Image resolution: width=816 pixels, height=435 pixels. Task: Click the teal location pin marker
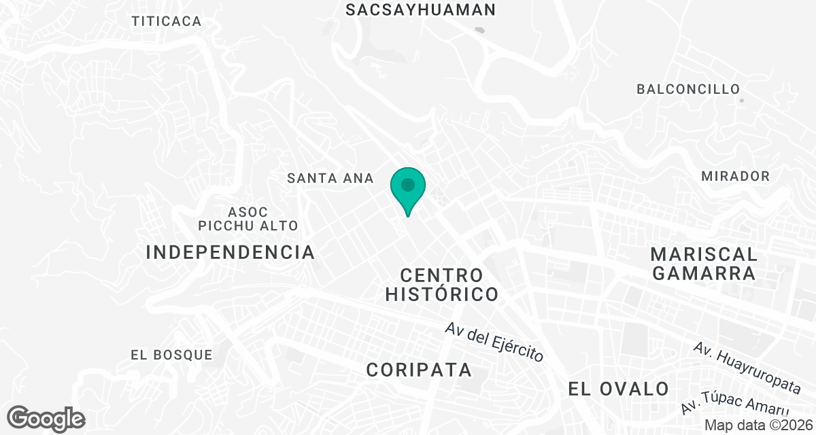[x=408, y=187]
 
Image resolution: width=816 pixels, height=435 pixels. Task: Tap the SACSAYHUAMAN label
[x=421, y=10]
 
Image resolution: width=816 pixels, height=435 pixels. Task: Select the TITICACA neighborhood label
[x=167, y=21]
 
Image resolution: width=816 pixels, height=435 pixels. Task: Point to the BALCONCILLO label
[x=687, y=89]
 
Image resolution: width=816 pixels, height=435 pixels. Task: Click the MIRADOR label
[x=735, y=176]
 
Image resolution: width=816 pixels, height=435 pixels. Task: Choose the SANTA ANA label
[x=330, y=178]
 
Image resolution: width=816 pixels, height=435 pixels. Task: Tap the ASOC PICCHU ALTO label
[x=248, y=218]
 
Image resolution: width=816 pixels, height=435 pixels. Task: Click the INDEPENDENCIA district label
[x=231, y=252]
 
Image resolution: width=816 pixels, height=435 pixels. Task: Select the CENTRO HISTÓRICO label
[x=442, y=285]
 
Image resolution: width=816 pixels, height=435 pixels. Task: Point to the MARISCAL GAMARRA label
[x=704, y=264]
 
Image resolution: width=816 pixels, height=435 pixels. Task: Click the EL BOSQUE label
[x=171, y=355]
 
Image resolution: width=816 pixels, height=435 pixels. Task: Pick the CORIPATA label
[x=419, y=370]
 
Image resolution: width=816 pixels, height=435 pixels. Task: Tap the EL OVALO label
[x=619, y=389]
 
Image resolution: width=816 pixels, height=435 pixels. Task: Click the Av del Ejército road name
[x=494, y=341]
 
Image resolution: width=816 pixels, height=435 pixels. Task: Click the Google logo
[x=46, y=419]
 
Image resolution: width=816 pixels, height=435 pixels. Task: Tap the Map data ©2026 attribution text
[x=758, y=425]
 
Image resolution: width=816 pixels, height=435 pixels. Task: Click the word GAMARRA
[x=704, y=274]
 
